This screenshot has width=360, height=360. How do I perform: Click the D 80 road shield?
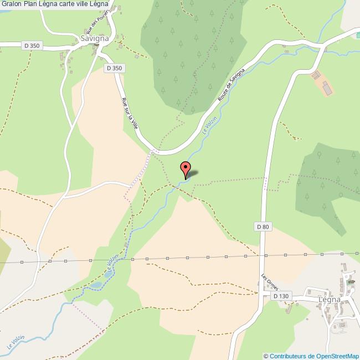tap(263, 227)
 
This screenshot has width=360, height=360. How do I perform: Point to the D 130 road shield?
tap(281, 296)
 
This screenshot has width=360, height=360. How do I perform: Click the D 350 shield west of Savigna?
tap(32, 45)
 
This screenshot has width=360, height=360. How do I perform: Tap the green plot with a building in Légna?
tap(349, 282)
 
